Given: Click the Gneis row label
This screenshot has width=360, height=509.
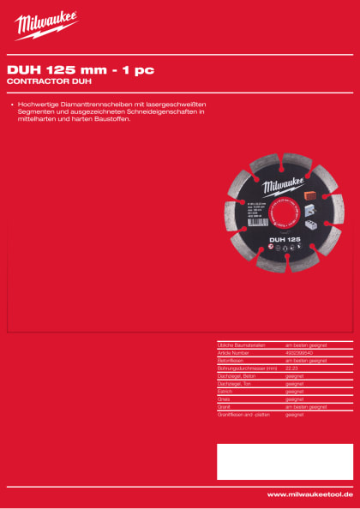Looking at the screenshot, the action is [x=226, y=398].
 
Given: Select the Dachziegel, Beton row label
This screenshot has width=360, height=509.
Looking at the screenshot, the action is [x=237, y=374].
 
